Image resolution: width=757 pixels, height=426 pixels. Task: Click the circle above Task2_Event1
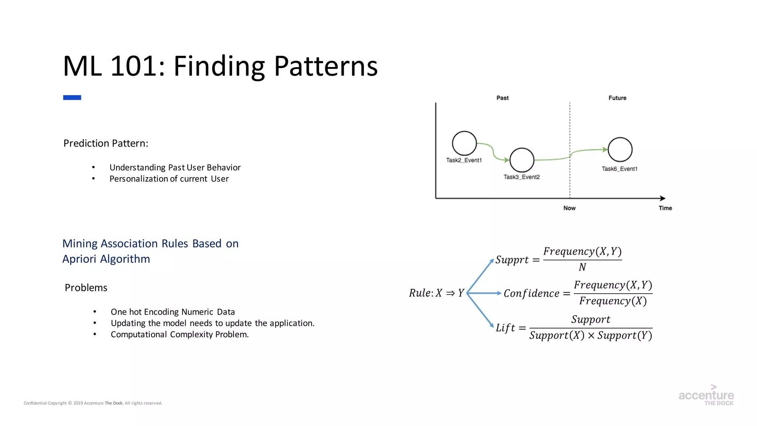tap(464, 143)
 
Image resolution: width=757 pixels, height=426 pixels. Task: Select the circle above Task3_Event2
tap(522, 160)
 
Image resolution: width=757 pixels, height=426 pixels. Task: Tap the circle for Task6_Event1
tap(620, 149)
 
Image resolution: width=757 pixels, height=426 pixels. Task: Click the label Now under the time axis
tap(569, 208)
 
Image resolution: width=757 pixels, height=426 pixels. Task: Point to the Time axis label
tap(665, 208)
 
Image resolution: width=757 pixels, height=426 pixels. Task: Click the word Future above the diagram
tap(617, 98)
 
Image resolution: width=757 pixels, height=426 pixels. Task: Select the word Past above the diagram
tap(502, 98)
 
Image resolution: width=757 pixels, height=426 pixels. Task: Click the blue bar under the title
tap(72, 98)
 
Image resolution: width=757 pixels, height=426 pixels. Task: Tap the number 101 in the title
tap(135, 66)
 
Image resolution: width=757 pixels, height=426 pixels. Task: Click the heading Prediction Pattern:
tap(106, 143)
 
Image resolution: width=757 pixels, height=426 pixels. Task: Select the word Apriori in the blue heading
tap(79, 259)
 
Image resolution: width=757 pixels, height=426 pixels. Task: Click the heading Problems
tap(86, 288)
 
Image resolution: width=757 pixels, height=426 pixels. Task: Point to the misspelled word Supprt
tap(512, 260)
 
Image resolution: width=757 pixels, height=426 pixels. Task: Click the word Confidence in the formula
tap(531, 294)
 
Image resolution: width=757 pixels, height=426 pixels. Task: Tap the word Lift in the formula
tap(505, 328)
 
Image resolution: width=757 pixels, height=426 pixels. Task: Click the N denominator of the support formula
tap(582, 267)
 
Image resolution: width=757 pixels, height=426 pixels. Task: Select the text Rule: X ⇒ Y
tap(436, 293)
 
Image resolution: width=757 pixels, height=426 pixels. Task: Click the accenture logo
tap(706, 396)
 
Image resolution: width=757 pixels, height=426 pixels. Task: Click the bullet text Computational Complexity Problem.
tap(180, 335)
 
